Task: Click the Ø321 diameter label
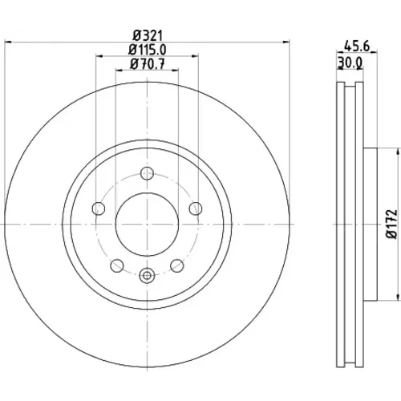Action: [x=148, y=35]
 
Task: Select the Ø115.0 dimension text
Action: [x=148, y=50]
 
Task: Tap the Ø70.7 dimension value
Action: [x=148, y=64]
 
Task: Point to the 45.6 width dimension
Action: [x=357, y=47]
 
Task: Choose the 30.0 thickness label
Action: [x=350, y=63]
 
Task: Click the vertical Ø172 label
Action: [x=392, y=224]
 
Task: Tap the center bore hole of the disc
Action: [x=147, y=224]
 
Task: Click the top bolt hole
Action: [x=147, y=173]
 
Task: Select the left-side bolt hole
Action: [x=99, y=209]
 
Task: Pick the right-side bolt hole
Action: [x=196, y=209]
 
